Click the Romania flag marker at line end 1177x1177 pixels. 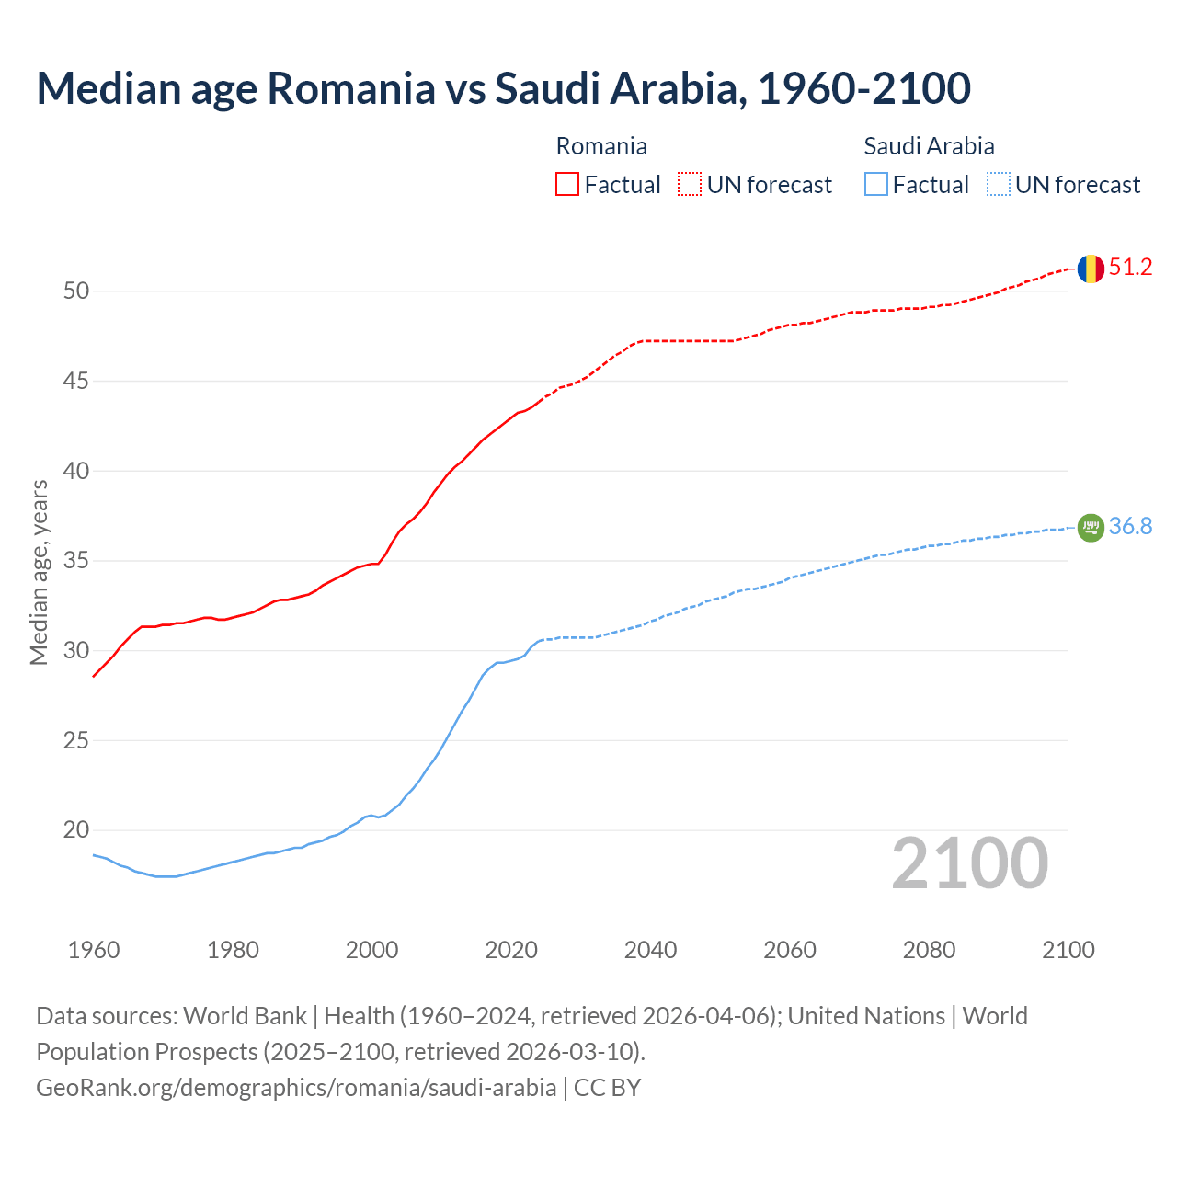click(1091, 269)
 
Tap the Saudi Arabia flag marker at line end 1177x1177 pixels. click(1091, 527)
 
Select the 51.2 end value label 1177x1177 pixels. click(1130, 268)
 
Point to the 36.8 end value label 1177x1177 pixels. click(1130, 526)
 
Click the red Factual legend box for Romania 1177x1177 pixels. click(567, 185)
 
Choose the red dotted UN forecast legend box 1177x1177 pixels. click(690, 185)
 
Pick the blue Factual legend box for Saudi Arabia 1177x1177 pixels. click(876, 185)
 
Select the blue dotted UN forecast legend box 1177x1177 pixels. click(999, 185)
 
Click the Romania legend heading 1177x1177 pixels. click(601, 146)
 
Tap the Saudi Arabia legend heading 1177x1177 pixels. click(929, 146)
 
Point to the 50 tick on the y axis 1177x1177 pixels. click(76, 291)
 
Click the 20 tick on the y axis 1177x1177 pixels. click(76, 830)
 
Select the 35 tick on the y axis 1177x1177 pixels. click(76, 561)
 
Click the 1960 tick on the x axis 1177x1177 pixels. click(94, 950)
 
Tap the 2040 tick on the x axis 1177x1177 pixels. click(650, 950)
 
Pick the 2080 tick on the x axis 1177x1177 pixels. click(929, 950)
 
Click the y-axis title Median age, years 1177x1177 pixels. click(39, 572)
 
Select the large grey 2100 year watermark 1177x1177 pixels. click(969, 863)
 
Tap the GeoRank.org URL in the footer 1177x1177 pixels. click(296, 1088)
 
